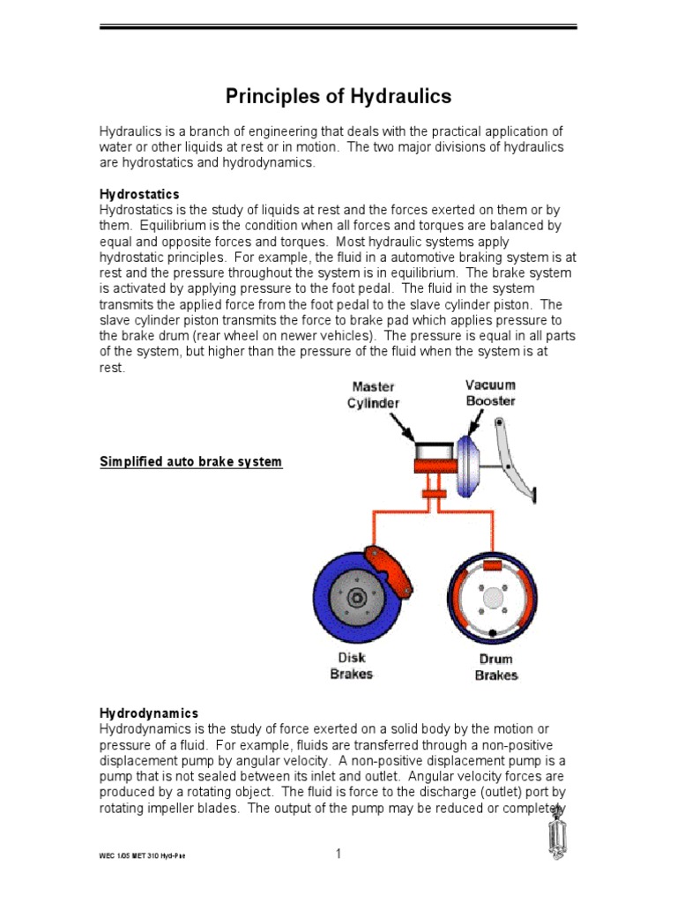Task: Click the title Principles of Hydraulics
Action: (x=338, y=96)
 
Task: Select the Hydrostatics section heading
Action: (x=139, y=194)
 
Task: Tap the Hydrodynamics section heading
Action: (x=149, y=713)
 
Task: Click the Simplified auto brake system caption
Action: (x=191, y=462)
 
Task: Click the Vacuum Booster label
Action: (x=490, y=392)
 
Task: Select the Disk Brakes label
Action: (x=351, y=666)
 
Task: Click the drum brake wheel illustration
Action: (x=492, y=598)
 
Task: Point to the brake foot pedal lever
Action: (x=516, y=459)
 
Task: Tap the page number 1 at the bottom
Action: (x=338, y=854)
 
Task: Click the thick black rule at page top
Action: (x=338, y=27)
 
